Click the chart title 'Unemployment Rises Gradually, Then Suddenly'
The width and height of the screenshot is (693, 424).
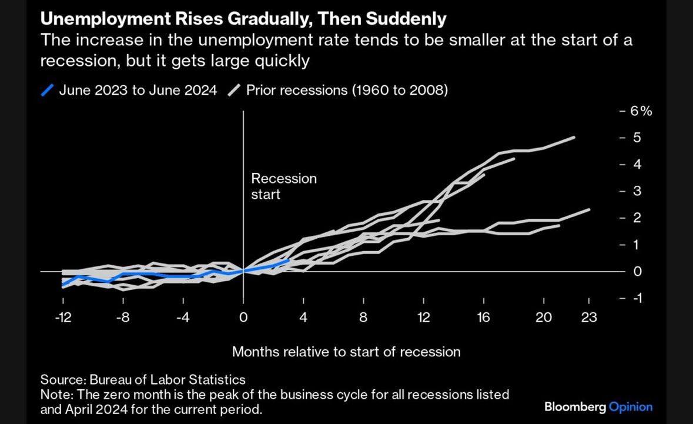pos(243,19)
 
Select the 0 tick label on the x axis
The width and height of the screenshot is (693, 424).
pos(243,318)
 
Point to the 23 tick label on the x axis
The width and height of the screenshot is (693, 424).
pos(589,318)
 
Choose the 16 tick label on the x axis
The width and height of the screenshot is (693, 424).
pos(483,318)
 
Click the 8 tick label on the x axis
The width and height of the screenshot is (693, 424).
pos(363,318)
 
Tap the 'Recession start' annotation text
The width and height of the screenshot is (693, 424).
pos(283,186)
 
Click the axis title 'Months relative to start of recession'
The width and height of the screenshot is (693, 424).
pos(346,352)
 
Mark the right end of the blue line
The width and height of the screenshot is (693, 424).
pos(289,260)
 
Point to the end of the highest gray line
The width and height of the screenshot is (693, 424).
pos(574,138)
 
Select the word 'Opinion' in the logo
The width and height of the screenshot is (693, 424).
pos(631,406)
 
